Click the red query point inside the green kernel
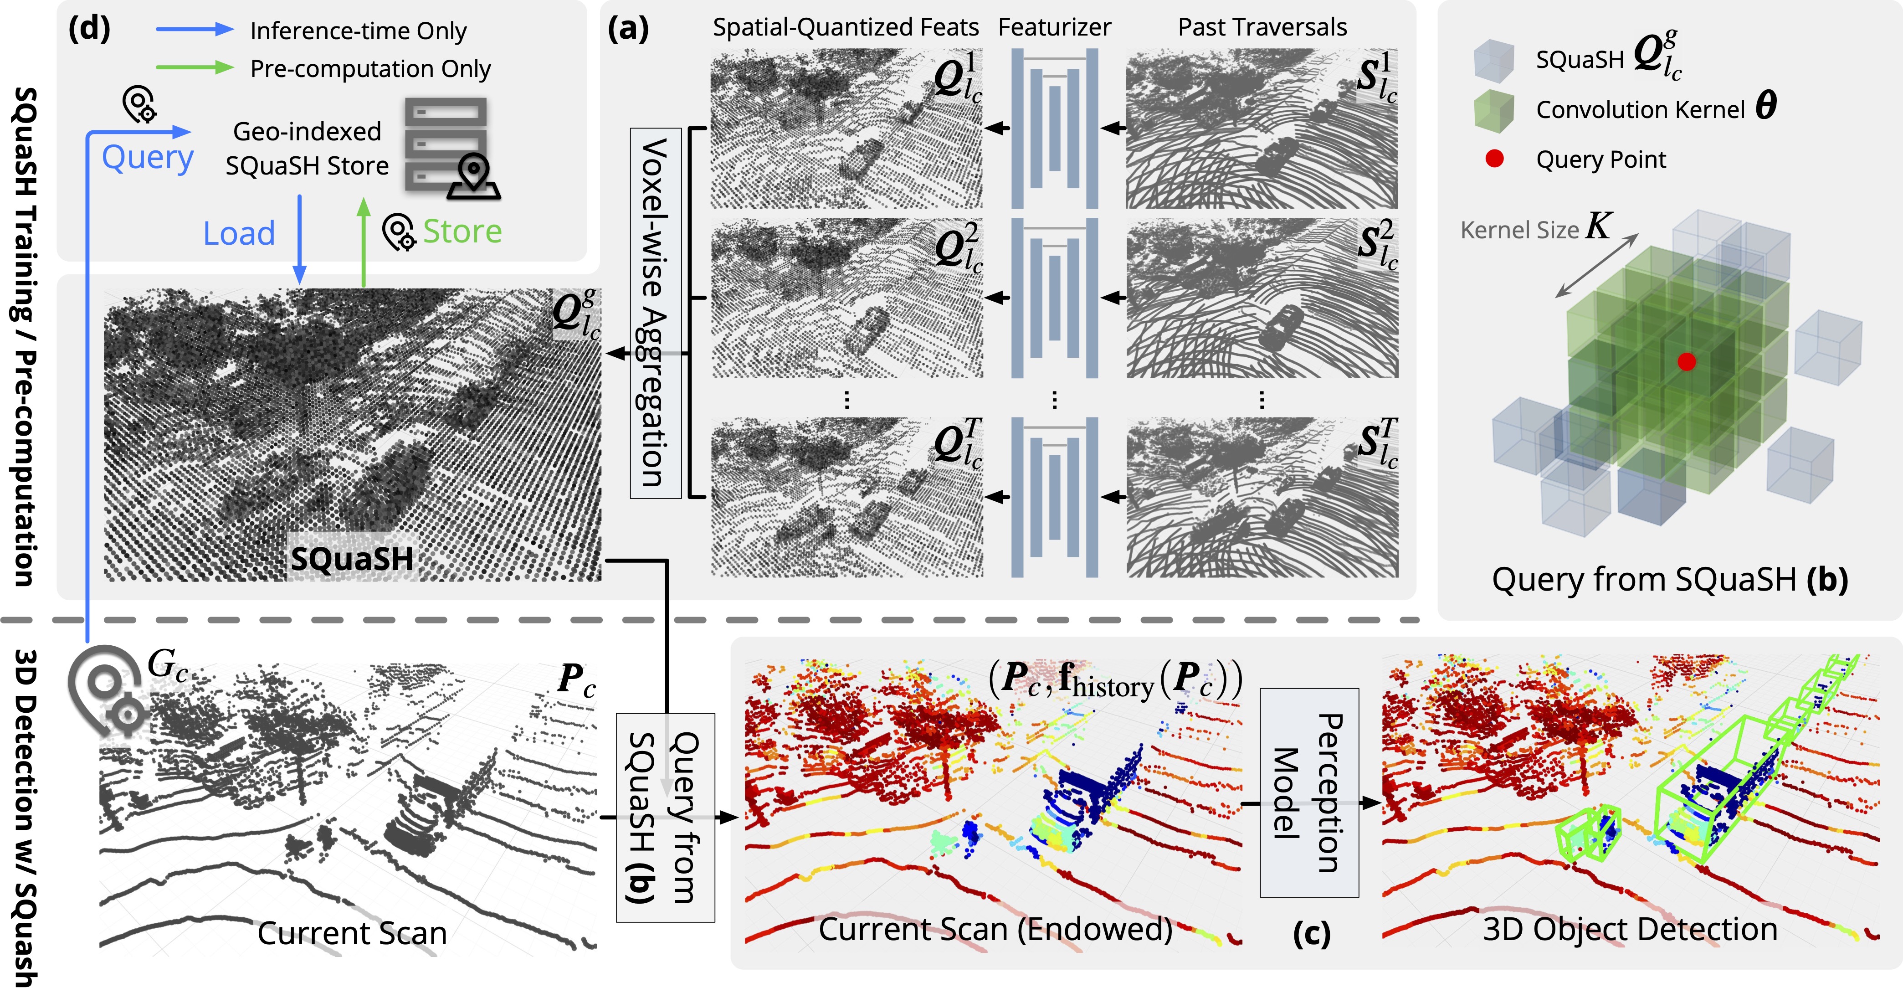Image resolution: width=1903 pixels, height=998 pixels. [1687, 361]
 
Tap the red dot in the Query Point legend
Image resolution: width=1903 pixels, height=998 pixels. [1494, 159]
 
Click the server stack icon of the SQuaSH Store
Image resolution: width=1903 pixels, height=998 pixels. [446, 144]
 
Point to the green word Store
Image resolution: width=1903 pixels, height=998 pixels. [462, 231]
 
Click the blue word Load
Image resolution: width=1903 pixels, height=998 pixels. [239, 233]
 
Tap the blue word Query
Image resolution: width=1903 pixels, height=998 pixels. [148, 157]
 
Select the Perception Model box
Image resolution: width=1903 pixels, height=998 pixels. [1309, 792]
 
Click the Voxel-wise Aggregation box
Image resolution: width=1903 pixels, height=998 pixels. [655, 313]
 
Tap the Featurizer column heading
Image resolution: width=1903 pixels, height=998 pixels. [1054, 27]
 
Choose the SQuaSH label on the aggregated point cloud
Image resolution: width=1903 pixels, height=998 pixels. [352, 558]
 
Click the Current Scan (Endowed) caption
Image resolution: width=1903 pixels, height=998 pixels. [995, 929]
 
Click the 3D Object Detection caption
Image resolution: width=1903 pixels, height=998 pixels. [1630, 929]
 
